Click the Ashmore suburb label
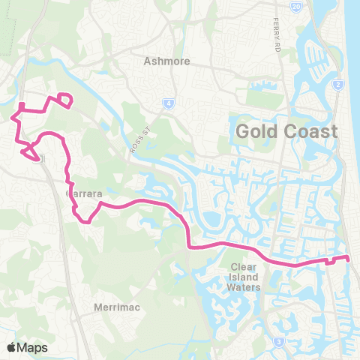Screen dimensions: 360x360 167,61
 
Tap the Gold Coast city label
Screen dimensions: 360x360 286,131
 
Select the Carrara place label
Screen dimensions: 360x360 83,193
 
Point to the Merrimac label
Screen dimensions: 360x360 114,307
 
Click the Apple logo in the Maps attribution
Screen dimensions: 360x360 11,347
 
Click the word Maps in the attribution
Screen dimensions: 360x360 32,347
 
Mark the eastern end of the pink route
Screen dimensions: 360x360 349,259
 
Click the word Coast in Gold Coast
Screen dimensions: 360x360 310,131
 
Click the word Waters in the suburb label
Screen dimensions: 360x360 245,287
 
